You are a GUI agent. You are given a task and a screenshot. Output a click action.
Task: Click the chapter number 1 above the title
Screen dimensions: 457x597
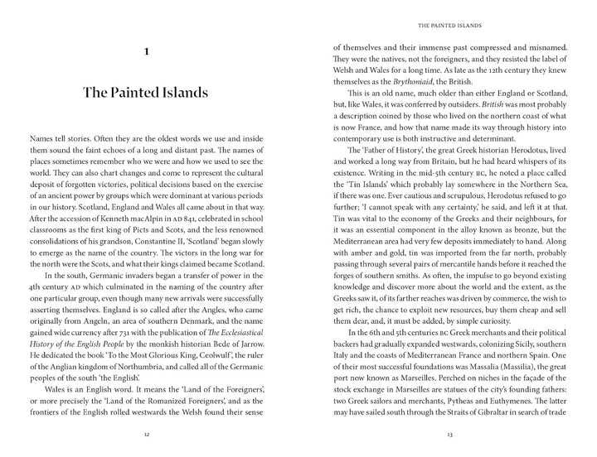click(146, 52)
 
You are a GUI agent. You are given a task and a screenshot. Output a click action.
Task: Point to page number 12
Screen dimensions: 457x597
click(146, 433)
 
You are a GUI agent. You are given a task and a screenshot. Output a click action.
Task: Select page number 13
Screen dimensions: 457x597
click(449, 433)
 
